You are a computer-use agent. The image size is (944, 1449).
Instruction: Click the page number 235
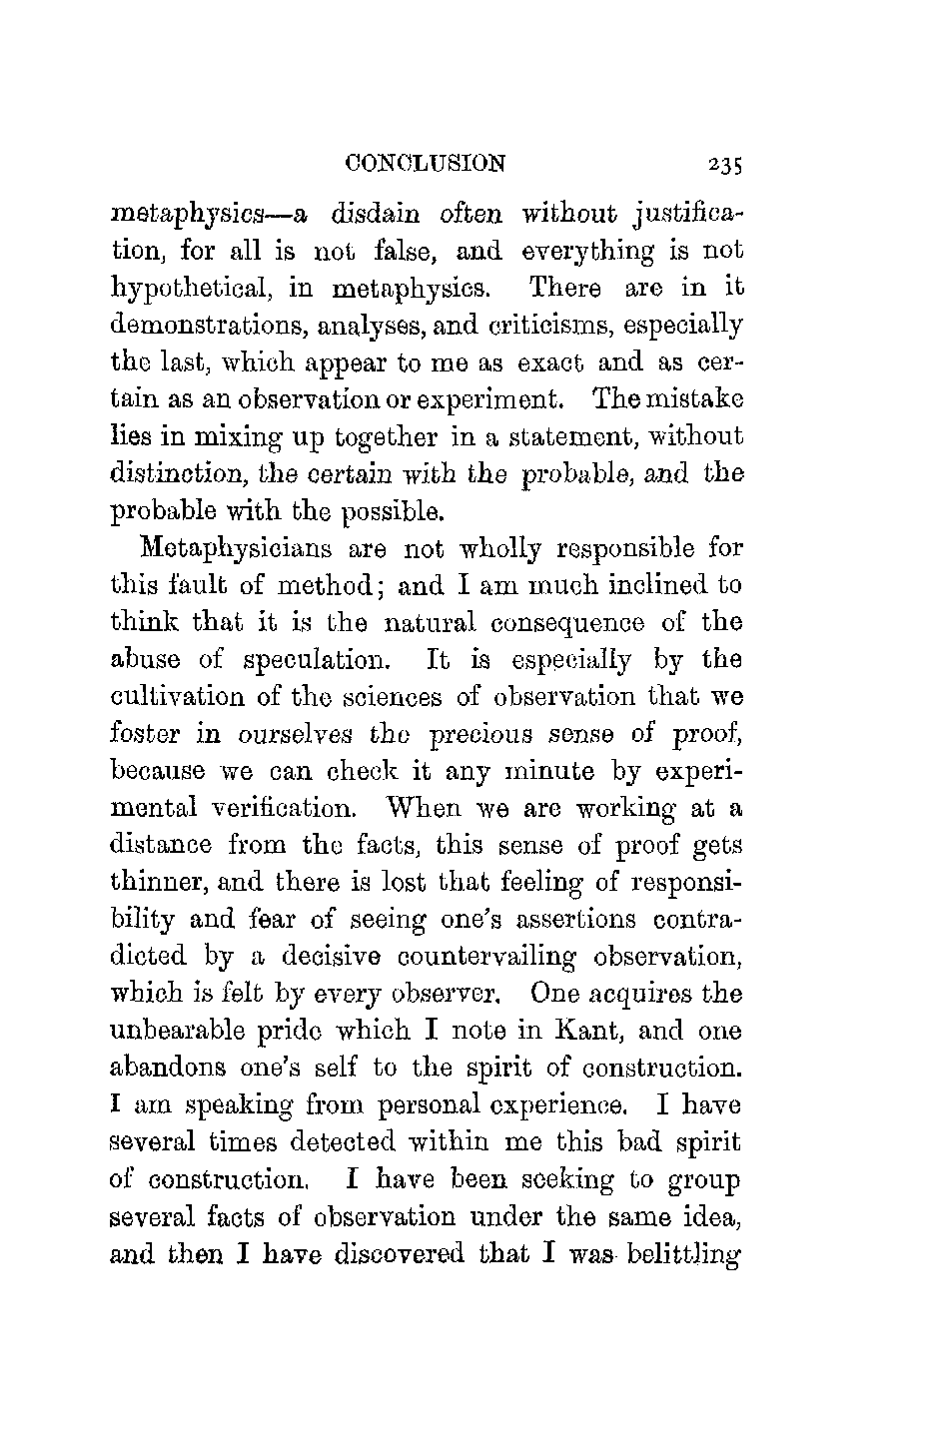(726, 165)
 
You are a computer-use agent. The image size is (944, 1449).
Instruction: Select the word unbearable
(183, 1032)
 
